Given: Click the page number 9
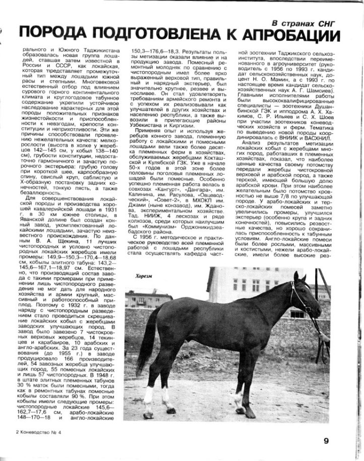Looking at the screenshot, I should [326, 440].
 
